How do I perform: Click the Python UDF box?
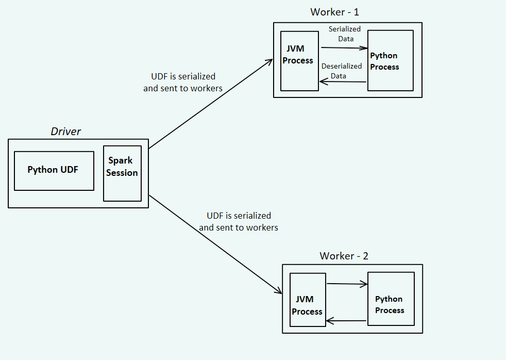pos(54,171)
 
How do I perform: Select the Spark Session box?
pos(122,173)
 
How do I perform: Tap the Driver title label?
pos(65,132)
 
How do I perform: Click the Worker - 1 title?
pos(334,12)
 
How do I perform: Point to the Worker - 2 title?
pos(344,256)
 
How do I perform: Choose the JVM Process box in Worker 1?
pos(298,60)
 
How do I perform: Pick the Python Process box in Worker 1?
pos(390,61)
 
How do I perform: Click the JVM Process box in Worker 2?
pos(308,300)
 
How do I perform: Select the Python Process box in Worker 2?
pos(391,299)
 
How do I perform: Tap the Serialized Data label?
pos(345,34)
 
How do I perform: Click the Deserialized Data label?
pos(341,71)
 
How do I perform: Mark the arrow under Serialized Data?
pos(344,48)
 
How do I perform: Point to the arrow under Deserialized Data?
pos(343,81)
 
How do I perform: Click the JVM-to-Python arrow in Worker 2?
pos(347,284)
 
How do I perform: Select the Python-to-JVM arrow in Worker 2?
pos(346,321)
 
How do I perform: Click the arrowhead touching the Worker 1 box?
pos(269,61)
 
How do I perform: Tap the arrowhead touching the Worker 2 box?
pos(278,291)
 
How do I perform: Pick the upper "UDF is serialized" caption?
pos(183,82)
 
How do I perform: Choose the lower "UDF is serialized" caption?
pos(239,221)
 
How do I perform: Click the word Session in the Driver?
pos(122,173)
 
